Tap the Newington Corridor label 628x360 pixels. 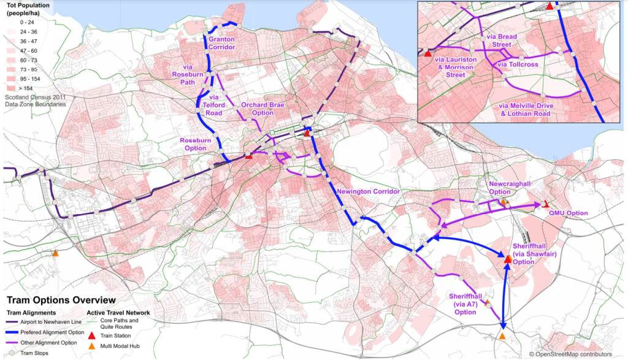click(x=368, y=192)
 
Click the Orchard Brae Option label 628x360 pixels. click(x=262, y=109)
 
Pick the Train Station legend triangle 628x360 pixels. click(x=91, y=335)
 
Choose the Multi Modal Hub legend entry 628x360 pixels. click(x=91, y=345)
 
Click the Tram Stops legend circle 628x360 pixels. click(x=10, y=353)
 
